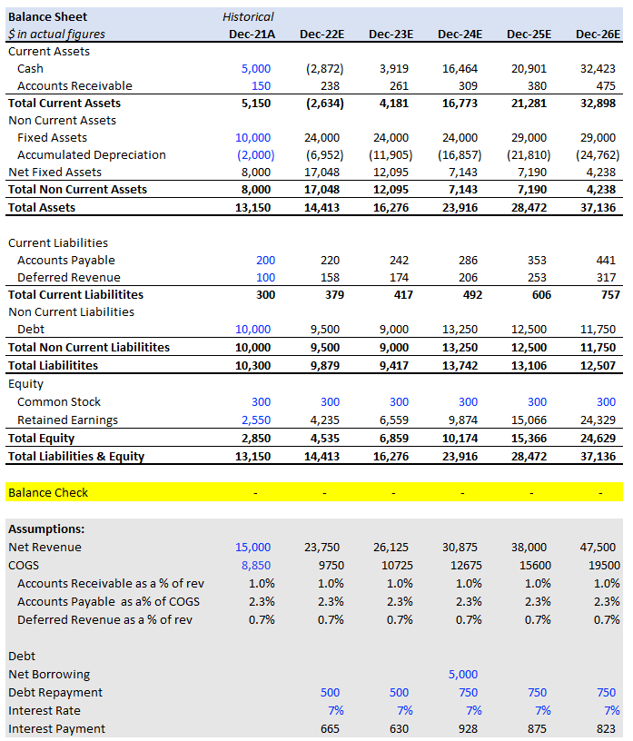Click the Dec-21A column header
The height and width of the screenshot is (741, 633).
tap(252, 34)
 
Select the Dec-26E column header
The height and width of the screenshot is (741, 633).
tap(598, 34)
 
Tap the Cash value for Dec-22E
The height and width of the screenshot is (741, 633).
tap(324, 68)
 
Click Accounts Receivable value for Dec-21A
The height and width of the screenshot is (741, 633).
tap(261, 86)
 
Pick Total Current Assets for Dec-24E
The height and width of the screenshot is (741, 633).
tap(460, 103)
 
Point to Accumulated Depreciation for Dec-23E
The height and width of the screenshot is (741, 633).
tap(391, 155)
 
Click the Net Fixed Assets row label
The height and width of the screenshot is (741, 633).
tap(54, 172)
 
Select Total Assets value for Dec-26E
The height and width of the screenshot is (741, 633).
tap(598, 207)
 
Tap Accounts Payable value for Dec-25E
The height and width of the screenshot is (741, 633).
tap(537, 261)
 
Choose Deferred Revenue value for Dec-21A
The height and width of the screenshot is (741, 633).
tap(266, 277)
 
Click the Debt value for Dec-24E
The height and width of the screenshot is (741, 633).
tap(460, 330)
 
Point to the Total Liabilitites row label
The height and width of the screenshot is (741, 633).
tap(53, 365)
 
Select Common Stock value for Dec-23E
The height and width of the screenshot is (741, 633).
tap(399, 402)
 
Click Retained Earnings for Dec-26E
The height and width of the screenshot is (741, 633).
tap(598, 420)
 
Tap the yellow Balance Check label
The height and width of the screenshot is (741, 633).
tap(48, 492)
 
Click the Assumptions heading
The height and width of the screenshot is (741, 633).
tap(46, 529)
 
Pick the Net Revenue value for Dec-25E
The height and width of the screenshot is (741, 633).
tap(529, 548)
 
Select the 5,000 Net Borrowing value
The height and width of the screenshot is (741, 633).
tap(463, 675)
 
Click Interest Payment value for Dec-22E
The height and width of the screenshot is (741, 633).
tap(330, 728)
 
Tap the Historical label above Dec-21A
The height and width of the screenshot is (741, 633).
tap(248, 17)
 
